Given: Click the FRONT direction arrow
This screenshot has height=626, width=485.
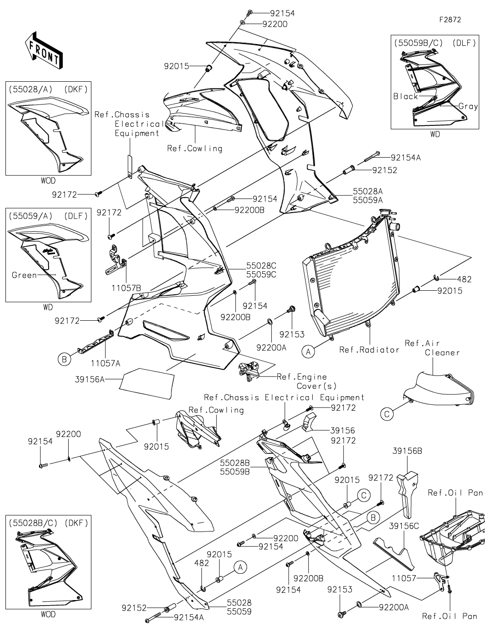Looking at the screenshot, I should point(44,51).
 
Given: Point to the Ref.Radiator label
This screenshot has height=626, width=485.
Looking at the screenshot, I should point(369,349).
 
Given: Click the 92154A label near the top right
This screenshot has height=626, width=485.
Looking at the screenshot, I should point(405,158).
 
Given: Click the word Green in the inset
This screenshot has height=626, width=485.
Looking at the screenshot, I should point(24,275).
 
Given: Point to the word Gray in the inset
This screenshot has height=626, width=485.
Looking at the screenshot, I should point(468,106).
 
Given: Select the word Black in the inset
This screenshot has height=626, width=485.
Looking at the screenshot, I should point(405,96).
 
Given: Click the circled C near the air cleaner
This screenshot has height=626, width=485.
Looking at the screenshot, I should point(387,413).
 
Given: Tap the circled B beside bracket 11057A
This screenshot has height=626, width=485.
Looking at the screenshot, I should point(64,359).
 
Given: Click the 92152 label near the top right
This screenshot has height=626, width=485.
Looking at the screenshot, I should point(385,170).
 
